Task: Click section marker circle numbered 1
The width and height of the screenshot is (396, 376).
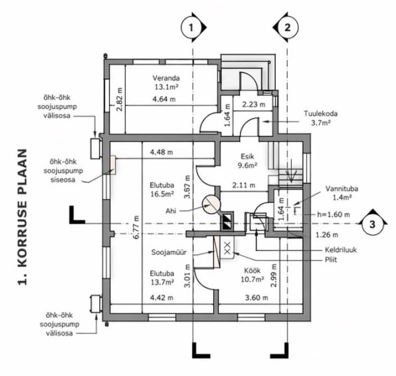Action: (x=191, y=27)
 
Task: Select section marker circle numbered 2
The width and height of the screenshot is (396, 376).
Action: (x=288, y=27)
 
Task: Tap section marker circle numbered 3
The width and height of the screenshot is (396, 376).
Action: (x=372, y=224)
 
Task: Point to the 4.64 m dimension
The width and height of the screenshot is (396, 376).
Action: (x=164, y=99)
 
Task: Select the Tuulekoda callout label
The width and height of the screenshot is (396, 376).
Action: (x=321, y=118)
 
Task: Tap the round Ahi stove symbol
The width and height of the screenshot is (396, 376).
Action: (x=211, y=205)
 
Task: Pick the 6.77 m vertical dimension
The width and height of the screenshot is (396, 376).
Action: (x=136, y=227)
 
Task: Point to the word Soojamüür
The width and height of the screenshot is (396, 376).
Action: (x=169, y=252)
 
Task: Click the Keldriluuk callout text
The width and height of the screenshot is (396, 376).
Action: (x=341, y=250)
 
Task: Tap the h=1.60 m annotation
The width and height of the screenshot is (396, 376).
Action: (x=334, y=214)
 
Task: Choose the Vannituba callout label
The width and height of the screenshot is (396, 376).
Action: (x=342, y=193)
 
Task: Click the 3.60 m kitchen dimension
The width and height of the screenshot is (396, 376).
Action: (x=256, y=297)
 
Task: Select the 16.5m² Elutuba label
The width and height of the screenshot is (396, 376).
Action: (x=162, y=190)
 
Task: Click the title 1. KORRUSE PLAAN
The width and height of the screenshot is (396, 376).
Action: (x=23, y=217)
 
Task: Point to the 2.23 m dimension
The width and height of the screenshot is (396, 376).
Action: (x=254, y=104)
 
